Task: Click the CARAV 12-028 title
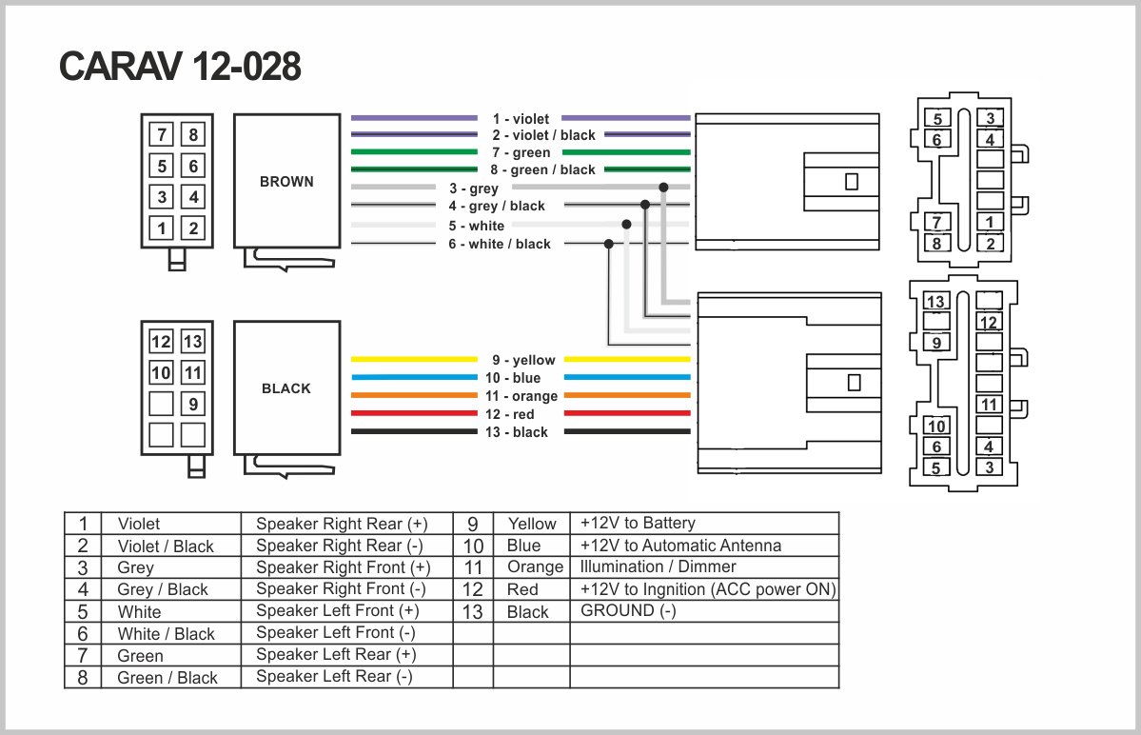[181, 67]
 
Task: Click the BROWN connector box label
[286, 181]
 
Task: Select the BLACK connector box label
[286, 388]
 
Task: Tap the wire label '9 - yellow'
[523, 360]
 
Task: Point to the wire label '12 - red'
[523, 414]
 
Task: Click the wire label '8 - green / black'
[543, 169]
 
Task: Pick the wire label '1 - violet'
[521, 119]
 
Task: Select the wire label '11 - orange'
[521, 396]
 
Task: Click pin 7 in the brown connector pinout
[163, 135]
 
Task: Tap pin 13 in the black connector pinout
[193, 342]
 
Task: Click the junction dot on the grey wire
[663, 188]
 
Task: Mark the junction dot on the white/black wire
[608, 244]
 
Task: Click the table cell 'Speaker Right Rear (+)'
[342, 524]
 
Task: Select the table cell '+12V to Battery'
[638, 523]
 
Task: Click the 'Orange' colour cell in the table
[536, 567]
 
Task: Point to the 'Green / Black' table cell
[167, 678]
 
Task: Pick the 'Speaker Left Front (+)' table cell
[337, 610]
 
